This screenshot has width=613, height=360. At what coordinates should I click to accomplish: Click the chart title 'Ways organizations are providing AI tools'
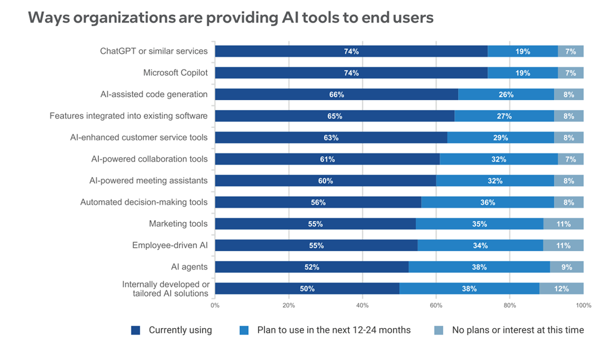coord(230,18)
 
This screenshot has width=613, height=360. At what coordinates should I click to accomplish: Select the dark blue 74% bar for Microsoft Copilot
coord(351,73)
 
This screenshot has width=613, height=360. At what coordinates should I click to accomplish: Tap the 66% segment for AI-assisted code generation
coord(336,95)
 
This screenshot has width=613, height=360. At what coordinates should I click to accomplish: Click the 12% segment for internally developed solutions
coord(561,289)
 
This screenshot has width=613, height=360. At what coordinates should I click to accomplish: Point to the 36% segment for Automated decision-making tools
coord(487,202)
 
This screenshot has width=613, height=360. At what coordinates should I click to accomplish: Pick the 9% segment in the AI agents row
coord(567,267)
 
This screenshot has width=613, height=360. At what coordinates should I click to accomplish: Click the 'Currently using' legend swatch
coord(136,330)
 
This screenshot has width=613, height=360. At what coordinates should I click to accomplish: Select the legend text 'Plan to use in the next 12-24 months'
coord(333,330)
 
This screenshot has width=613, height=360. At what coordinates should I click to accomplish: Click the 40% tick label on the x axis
coord(362,306)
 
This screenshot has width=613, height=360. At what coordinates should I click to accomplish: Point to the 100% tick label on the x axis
coord(583,306)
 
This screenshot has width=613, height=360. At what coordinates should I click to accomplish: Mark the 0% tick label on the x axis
coord(215,306)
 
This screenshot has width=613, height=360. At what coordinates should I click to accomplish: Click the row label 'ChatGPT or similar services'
coord(153,51)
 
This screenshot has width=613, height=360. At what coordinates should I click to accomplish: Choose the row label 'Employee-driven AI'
coord(169,245)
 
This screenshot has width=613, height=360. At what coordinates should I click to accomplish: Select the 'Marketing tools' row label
coord(178,224)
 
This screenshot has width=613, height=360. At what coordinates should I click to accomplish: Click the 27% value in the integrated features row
coord(505,116)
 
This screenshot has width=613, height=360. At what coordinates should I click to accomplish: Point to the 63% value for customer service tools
coord(331,138)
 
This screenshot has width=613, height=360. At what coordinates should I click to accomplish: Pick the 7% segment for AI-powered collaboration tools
coord(571,159)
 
